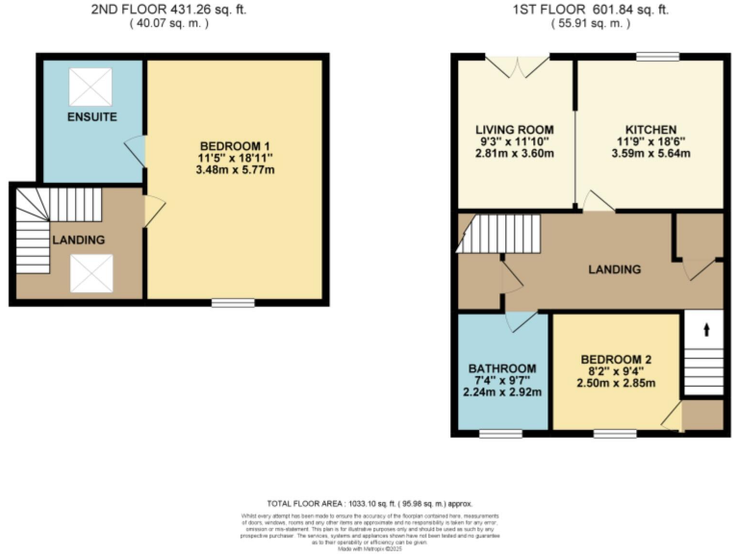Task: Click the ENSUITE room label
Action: (92, 117)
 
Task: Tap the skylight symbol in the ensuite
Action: (92, 87)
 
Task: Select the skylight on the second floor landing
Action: (92, 272)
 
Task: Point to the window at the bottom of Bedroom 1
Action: (233, 303)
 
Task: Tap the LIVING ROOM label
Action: (515, 130)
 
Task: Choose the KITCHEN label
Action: (650, 130)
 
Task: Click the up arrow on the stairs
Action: (707, 330)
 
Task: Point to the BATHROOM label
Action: (502, 368)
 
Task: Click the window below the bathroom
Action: (500, 434)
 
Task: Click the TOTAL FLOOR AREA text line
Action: (369, 504)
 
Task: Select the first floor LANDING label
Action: (614, 269)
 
